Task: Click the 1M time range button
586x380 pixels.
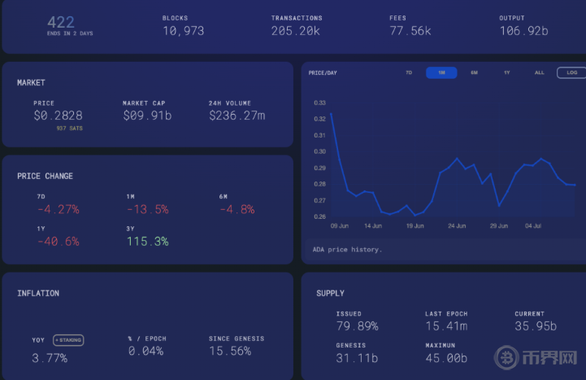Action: (x=441, y=72)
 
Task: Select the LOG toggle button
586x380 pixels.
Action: (x=571, y=72)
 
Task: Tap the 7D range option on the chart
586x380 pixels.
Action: (x=409, y=72)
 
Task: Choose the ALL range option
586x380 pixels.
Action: (x=540, y=72)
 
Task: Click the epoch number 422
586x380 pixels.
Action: (x=60, y=23)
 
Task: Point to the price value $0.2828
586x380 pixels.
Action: (x=58, y=116)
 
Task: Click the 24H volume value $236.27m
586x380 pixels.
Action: (x=237, y=116)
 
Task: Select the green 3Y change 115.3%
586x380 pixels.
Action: (x=148, y=242)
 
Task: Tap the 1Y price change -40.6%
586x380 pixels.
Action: (x=59, y=242)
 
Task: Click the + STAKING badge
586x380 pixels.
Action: (x=68, y=340)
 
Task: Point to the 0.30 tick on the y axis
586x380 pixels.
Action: (x=320, y=151)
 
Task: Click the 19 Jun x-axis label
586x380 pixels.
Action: (x=415, y=226)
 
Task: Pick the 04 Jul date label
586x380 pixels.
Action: (x=533, y=226)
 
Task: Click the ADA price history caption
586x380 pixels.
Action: (x=347, y=250)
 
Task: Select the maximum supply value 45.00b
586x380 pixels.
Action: (x=446, y=358)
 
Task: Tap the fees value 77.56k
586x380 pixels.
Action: (x=410, y=31)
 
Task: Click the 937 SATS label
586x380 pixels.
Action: (x=70, y=129)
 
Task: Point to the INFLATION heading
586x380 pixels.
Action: (x=38, y=293)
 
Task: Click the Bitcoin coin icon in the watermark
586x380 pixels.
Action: (x=507, y=357)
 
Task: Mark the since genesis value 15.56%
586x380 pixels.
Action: (x=230, y=352)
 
